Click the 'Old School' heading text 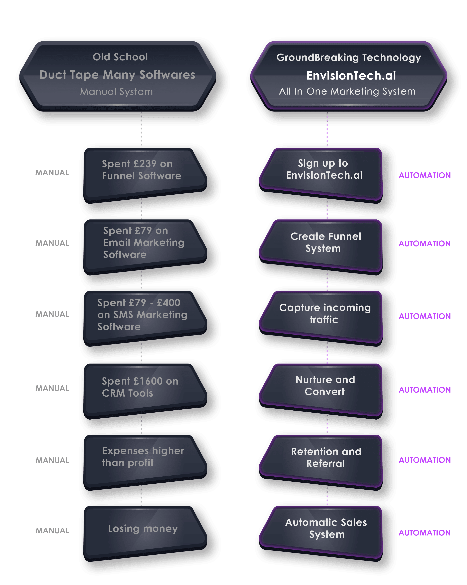[120, 57]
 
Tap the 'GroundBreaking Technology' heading [349, 58]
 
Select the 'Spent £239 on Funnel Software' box [145, 175]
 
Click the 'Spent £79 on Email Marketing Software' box [145, 247]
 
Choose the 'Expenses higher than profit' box [145, 462]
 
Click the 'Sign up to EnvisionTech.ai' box [321, 175]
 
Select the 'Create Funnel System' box [321, 247]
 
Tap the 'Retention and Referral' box [321, 462]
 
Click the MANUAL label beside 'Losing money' [52, 530]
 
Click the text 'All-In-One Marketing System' [347, 91]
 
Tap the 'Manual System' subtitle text [116, 92]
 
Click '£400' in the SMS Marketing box [168, 303]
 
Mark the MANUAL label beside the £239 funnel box [52, 173]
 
